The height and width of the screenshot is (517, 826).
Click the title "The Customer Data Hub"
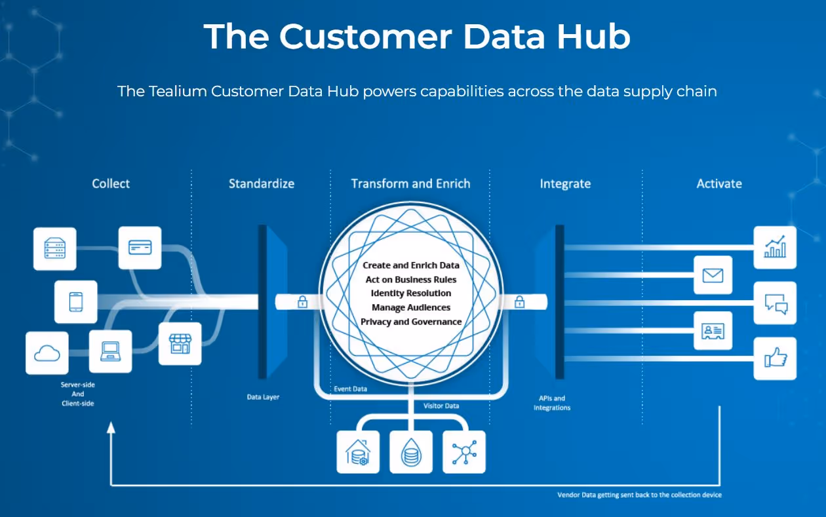(x=417, y=36)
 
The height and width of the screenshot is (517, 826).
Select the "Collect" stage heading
(x=111, y=184)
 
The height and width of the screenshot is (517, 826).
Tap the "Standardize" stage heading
(x=261, y=184)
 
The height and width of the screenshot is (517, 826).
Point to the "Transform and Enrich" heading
(x=410, y=184)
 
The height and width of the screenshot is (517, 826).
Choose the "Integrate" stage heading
(x=565, y=184)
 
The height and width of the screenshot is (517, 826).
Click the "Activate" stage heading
(x=719, y=184)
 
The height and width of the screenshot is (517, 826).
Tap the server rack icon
(x=54, y=248)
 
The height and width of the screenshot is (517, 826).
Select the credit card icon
(x=140, y=248)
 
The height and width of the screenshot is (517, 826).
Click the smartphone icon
(x=75, y=302)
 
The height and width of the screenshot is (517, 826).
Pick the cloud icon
(x=47, y=353)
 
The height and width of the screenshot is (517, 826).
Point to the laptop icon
(x=110, y=352)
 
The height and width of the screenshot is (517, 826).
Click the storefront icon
(x=180, y=343)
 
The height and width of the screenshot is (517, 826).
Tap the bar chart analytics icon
(x=775, y=248)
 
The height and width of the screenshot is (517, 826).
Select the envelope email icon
(x=713, y=275)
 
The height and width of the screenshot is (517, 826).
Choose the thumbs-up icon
(x=775, y=358)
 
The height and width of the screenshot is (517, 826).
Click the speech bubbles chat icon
(x=775, y=303)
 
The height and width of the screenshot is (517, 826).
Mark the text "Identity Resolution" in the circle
(x=411, y=293)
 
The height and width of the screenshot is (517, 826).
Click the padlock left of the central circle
(x=302, y=302)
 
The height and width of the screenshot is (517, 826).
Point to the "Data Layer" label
(x=263, y=397)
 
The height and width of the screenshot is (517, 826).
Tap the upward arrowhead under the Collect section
(x=111, y=427)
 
